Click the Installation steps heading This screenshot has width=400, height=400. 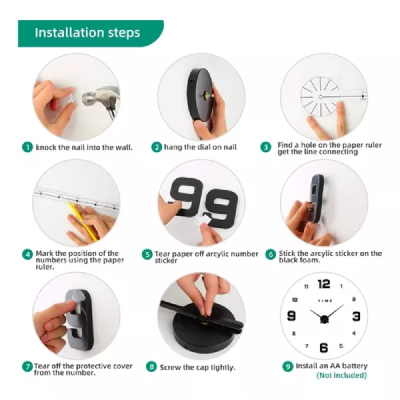click(87, 33)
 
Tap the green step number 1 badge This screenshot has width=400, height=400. click(27, 147)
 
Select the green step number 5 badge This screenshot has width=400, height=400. click(147, 254)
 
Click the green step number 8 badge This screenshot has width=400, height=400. click(151, 367)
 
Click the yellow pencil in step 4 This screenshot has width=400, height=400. click(83, 221)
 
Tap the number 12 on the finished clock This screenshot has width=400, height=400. click(324, 284)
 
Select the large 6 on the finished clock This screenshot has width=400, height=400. click(324, 348)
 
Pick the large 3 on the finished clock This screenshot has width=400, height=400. click(356, 316)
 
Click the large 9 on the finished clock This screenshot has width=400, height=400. click(291, 316)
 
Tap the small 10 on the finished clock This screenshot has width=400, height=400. click(295, 300)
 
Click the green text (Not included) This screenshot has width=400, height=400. click(342, 375)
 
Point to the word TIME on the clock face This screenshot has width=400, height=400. click(325, 301)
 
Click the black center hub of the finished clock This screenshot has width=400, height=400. click(324, 319)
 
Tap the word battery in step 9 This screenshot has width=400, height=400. click(354, 366)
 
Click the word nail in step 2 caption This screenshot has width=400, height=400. click(230, 147)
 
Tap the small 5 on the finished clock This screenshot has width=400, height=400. click(341, 346)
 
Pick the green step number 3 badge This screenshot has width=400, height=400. click(266, 147)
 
